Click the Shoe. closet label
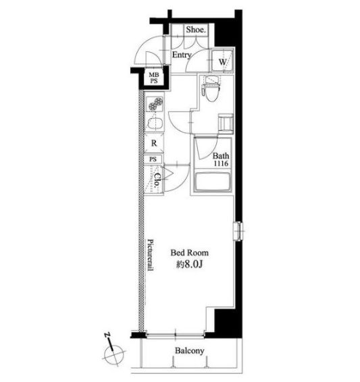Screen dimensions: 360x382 (x=196, y=30)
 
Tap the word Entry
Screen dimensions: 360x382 (x=182, y=55)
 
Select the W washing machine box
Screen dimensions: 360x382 (x=222, y=61)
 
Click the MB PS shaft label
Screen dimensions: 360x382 (x=153, y=78)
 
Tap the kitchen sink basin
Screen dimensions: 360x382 (x=155, y=124)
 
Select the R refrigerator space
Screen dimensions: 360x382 (x=154, y=143)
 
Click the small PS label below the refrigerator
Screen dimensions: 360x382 (x=153, y=159)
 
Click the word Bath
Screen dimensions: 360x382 (x=221, y=155)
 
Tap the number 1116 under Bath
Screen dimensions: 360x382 (x=221, y=163)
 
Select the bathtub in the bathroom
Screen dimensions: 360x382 (x=212, y=182)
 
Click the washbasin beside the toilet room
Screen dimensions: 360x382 (x=226, y=124)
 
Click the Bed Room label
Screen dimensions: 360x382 (x=189, y=252)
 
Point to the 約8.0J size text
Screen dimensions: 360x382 (x=190, y=265)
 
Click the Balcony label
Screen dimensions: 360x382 (x=189, y=351)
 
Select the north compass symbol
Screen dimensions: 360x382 (x=113, y=350)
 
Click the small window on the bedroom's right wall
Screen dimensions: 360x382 (x=238, y=231)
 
